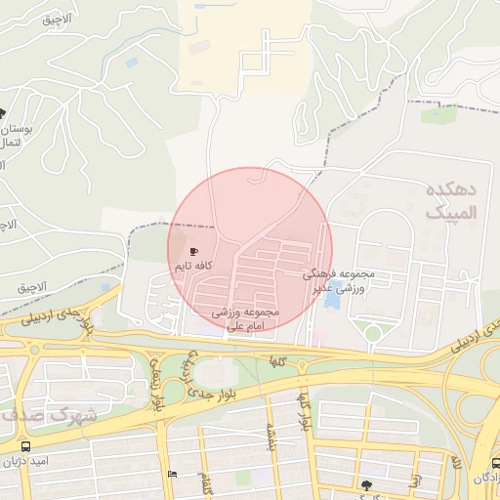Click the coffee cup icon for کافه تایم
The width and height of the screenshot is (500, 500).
click(193, 252)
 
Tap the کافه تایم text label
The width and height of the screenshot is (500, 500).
click(193, 266)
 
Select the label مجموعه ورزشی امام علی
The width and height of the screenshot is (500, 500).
click(245, 319)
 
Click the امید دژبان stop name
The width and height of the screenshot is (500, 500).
click(29, 460)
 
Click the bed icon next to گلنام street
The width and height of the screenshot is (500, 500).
click(173, 475)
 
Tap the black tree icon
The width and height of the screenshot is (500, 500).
click(365, 483)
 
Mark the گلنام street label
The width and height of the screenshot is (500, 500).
click(206, 480)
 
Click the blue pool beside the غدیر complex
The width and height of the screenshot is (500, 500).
click(332, 296)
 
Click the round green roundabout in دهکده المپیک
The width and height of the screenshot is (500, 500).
click(372, 333)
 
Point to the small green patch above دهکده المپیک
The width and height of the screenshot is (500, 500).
click(438, 115)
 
